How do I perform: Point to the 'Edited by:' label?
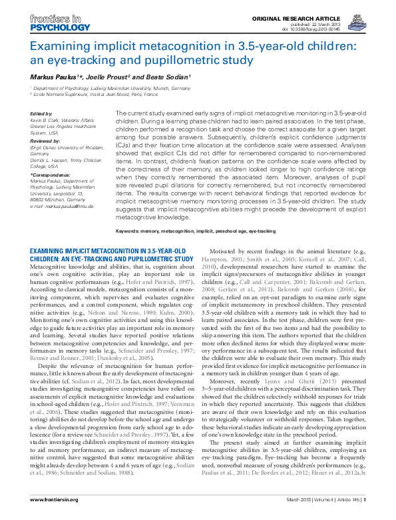pos(42,114)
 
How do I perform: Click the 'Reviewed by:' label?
pos(45,141)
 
